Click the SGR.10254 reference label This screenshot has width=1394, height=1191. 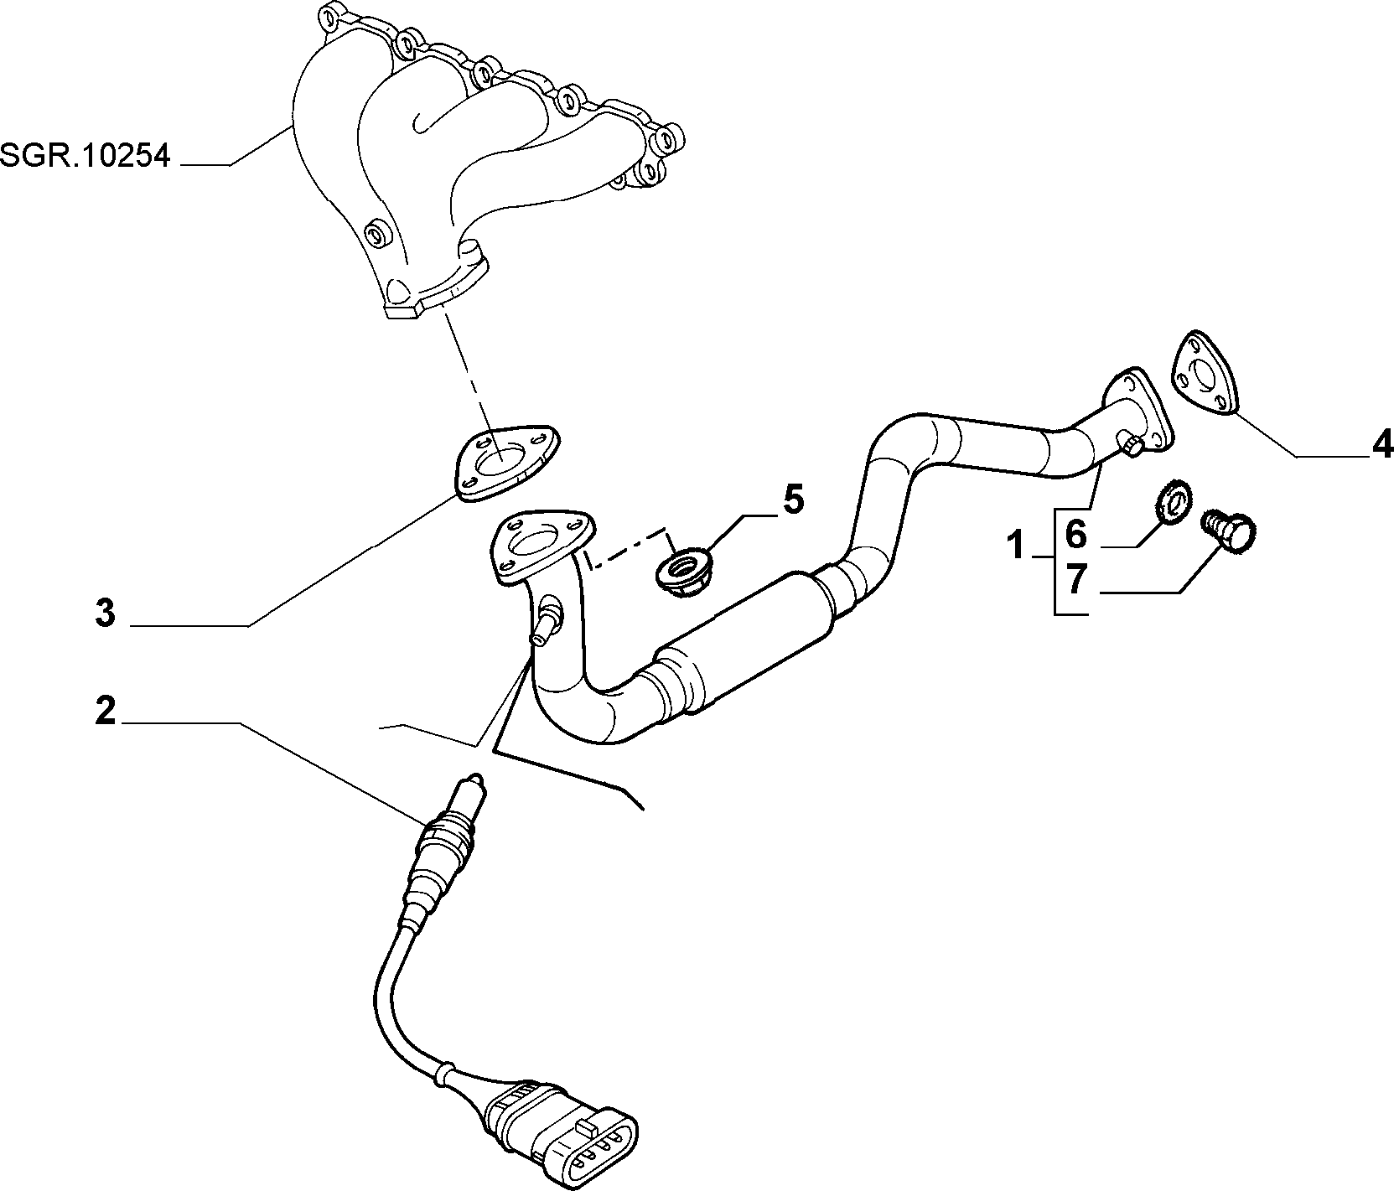click(85, 155)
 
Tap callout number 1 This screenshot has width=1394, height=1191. click(1015, 546)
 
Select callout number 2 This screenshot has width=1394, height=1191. click(105, 711)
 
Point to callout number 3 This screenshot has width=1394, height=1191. click(105, 613)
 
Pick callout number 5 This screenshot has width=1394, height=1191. click(793, 500)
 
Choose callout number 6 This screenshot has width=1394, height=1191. click(1075, 533)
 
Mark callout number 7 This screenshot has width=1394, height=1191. click(1075, 580)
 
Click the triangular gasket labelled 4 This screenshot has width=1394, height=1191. click(1205, 374)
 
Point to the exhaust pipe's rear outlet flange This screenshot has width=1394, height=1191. click(1137, 412)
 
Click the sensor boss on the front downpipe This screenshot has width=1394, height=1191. click(547, 619)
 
